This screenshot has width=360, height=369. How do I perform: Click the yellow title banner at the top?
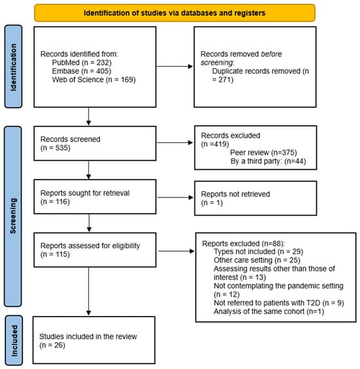click(175, 13)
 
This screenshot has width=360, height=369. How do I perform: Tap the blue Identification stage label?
click(13, 67)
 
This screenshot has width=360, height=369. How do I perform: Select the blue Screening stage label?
click(13, 216)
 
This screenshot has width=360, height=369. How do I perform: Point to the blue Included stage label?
click(14, 340)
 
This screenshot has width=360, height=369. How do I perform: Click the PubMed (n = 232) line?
click(82, 63)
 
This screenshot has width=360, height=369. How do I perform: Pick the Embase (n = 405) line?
click(82, 71)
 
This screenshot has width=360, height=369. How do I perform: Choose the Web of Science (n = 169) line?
click(94, 79)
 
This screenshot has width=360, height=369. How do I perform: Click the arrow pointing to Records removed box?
click(175, 66)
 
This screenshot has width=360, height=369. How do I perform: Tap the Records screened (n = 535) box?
click(95, 144)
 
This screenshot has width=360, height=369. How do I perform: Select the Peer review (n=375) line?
click(263, 153)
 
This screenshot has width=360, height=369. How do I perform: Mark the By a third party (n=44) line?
click(268, 161)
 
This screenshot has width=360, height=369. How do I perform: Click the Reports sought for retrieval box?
click(95, 197)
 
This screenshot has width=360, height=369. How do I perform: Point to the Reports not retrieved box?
click(255, 198)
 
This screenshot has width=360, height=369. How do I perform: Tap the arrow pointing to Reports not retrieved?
click(175, 197)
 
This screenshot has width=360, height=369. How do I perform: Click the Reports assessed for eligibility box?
click(95, 250)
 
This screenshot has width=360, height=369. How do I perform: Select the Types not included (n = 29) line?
click(259, 252)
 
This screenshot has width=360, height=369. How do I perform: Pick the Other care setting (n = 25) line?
click(257, 260)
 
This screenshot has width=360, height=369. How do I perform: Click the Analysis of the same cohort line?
click(269, 311)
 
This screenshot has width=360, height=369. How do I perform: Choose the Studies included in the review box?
click(94, 340)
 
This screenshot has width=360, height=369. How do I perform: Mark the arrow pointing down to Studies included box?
click(88, 292)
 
